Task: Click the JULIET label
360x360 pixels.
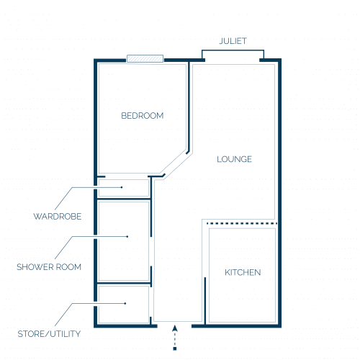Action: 233,41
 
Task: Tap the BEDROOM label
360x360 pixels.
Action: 143,116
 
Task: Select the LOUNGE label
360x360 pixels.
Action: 234,159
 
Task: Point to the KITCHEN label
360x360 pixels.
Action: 243,272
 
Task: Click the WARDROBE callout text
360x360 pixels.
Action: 58,217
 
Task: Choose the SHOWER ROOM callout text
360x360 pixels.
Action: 49,267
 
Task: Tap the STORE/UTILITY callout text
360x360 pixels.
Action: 49,334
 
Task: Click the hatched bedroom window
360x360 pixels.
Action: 145,58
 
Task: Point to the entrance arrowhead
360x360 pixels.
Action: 175,328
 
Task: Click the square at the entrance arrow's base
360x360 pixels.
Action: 175,348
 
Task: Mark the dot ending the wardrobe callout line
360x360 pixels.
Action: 122,187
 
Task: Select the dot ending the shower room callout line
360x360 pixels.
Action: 127,237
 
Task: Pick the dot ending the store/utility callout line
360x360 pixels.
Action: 125,303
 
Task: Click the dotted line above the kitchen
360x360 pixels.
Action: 242,223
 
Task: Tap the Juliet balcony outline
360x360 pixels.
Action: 233,50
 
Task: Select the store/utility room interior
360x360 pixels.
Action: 124,305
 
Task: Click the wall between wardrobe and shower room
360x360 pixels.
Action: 124,199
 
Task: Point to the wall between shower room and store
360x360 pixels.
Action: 124,284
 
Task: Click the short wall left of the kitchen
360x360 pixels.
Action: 205,301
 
